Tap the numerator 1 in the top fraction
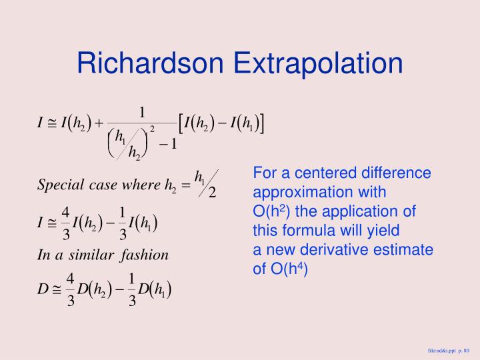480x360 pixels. [x=142, y=111]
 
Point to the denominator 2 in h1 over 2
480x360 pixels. [x=212, y=193]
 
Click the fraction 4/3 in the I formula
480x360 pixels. [x=65, y=222]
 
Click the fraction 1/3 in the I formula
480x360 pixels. [x=122, y=222]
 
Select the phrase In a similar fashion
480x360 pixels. [x=103, y=255]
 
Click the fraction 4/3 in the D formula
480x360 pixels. [x=70, y=289]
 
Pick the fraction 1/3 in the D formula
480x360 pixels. [x=132, y=289]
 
